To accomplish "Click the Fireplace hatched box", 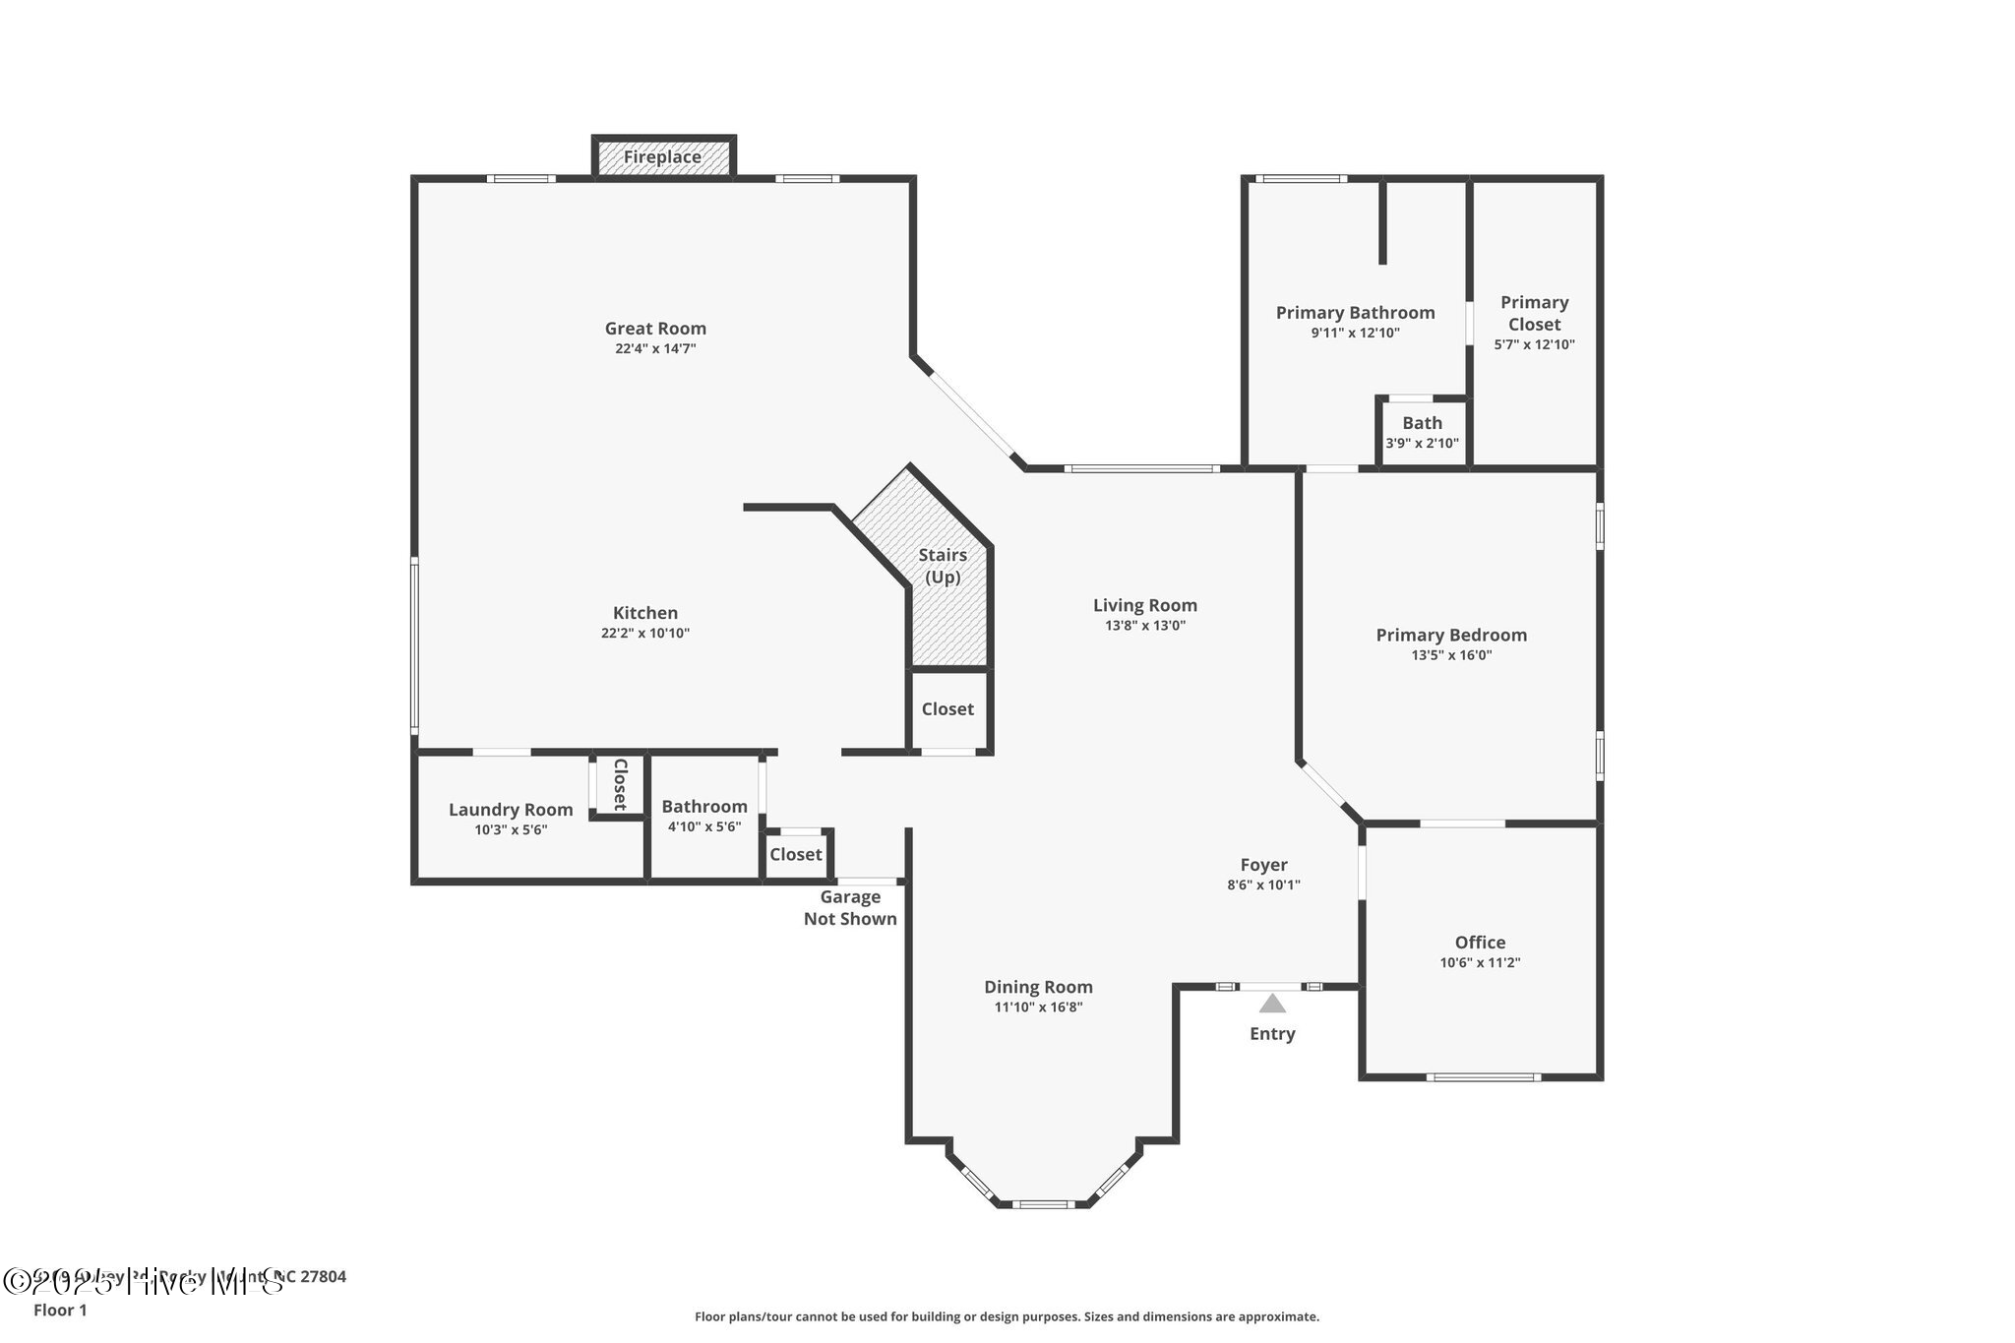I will click(663, 157).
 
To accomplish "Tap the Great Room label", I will click(655, 329).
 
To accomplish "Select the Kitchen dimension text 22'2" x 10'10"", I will click(645, 634).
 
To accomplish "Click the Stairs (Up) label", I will click(943, 566).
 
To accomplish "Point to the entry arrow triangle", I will click(1272, 1005).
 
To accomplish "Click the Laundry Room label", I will click(511, 810).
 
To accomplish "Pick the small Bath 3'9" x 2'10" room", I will click(1422, 432).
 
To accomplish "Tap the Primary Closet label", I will click(1534, 313).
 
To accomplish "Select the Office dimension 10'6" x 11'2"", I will click(1480, 963).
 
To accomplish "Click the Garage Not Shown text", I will click(850, 908).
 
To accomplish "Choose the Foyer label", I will click(1263, 865).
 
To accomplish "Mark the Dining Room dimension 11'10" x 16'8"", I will click(1038, 1007).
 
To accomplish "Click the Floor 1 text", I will click(60, 1311).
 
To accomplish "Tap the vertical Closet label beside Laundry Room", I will click(620, 784).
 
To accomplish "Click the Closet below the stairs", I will click(947, 709).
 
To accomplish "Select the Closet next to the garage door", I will click(795, 854).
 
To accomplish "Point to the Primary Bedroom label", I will click(1451, 636).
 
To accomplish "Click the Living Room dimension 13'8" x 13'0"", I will click(1144, 626).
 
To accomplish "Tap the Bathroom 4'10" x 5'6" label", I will click(704, 807).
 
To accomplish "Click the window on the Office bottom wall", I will click(1483, 1077).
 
